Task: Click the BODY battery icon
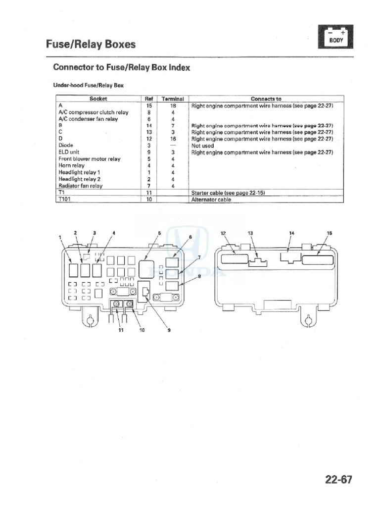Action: [x=335, y=37]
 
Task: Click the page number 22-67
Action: [x=338, y=479]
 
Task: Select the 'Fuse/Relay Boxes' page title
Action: [x=91, y=44]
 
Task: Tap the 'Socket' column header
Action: [x=98, y=99]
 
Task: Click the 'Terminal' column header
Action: [x=173, y=99]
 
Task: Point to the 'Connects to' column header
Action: [x=266, y=99]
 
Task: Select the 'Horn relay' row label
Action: [x=71, y=165]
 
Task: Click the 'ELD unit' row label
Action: [x=69, y=152]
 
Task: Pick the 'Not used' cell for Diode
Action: [x=202, y=146]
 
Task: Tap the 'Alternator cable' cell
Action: [x=211, y=200]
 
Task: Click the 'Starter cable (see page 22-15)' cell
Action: [x=228, y=193]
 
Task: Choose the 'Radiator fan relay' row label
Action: [x=81, y=186]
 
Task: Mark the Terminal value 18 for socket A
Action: [x=173, y=106]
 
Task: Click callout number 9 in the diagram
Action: [x=169, y=330]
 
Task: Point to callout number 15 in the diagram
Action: [x=329, y=233]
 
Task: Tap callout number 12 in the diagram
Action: [x=223, y=233]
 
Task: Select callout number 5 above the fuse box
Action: [x=159, y=233]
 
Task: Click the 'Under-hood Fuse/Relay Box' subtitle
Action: [x=88, y=85]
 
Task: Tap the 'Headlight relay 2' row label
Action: [x=80, y=179]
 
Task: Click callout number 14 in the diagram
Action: [x=292, y=233]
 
